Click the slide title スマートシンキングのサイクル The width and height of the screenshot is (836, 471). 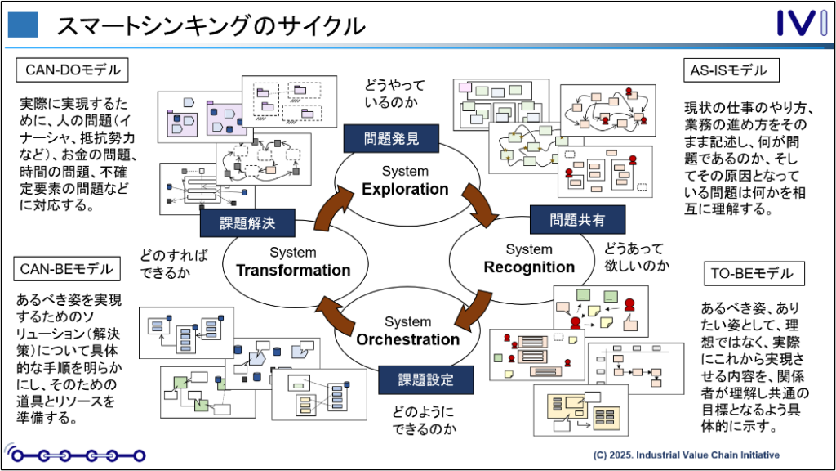click(x=211, y=25)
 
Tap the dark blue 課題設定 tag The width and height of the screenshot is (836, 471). click(x=425, y=380)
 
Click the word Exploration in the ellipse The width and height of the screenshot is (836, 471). click(x=405, y=190)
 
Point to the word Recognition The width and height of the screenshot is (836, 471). click(x=529, y=267)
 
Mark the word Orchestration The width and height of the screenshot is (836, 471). click(x=407, y=339)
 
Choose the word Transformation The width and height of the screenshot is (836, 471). click(x=293, y=271)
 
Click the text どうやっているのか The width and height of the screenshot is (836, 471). click(x=394, y=93)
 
